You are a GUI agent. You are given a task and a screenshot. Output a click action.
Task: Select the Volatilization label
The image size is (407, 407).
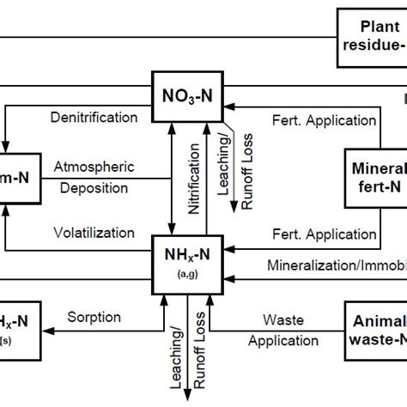point(94,232)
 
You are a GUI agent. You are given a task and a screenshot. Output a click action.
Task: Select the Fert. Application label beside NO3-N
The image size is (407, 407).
point(298,117)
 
